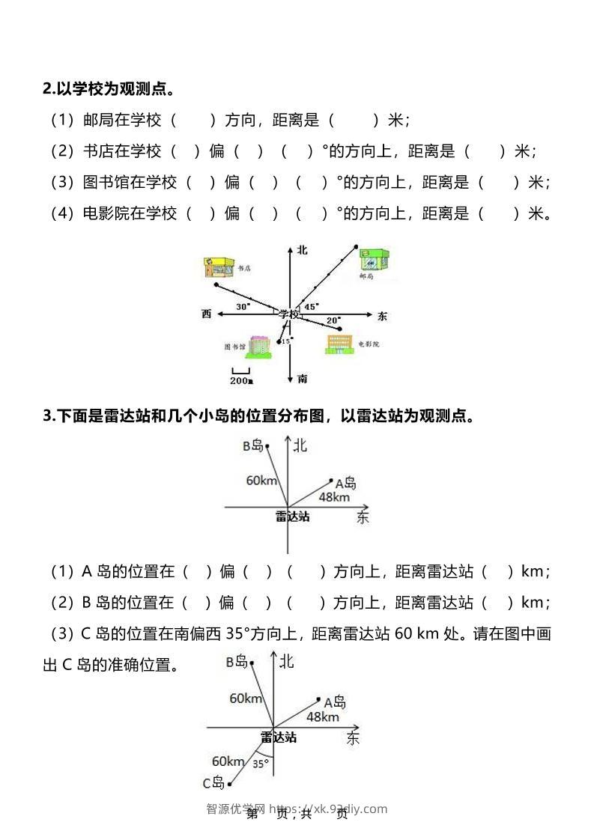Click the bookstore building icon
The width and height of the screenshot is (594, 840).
[216, 268]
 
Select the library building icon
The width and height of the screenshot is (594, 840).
[258, 345]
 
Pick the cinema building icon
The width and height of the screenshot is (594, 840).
[339, 343]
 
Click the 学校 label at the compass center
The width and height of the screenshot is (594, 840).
[289, 314]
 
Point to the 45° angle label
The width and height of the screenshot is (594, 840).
[310, 305]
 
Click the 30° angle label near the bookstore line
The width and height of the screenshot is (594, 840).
[243, 307]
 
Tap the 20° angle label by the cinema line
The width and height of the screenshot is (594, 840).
[333, 320]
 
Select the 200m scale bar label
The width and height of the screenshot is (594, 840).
[241, 380]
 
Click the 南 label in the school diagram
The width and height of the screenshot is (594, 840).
[302, 379]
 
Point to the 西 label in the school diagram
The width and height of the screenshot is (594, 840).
[206, 314]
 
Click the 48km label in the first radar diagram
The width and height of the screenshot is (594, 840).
[334, 497]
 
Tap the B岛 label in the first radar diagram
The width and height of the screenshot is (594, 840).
[252, 446]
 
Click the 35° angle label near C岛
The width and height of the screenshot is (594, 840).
[260, 764]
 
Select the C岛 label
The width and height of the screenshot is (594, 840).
[213, 783]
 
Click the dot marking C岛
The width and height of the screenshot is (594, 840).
[229, 785]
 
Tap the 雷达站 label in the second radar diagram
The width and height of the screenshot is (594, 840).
[279, 737]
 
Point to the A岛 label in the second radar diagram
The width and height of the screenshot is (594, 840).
[335, 702]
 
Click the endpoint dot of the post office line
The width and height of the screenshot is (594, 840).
[356, 245]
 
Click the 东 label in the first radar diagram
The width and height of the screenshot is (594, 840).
[363, 517]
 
